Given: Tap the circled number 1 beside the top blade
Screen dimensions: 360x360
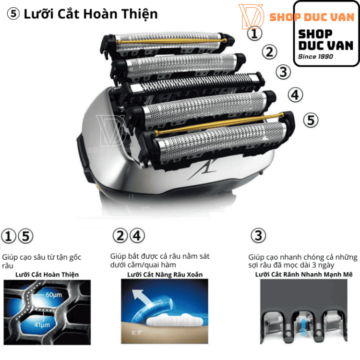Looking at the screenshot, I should (255, 34).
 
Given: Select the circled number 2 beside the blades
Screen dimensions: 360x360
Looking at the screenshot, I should (270, 52).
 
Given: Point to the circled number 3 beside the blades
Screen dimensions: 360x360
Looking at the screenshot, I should (284, 72).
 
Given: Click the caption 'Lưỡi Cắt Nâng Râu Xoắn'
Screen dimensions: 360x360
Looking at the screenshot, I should (165, 275).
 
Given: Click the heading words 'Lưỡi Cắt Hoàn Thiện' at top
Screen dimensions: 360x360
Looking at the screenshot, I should (91, 14).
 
